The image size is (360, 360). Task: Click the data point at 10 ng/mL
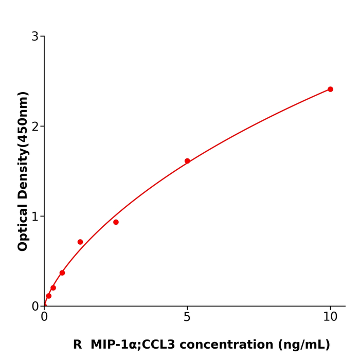click(x=330, y=89)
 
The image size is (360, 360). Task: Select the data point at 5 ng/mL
click(x=187, y=161)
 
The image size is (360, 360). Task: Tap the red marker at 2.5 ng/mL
click(x=116, y=222)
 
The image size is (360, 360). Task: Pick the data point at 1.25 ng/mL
click(x=80, y=242)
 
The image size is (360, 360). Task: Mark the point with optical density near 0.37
click(x=62, y=273)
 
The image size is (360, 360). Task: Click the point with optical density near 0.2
click(x=53, y=287)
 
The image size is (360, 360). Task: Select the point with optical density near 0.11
click(x=49, y=296)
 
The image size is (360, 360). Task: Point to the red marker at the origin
click(x=44, y=305)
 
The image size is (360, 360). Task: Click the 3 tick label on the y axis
click(x=35, y=37)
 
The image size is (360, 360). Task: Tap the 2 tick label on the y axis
click(x=35, y=127)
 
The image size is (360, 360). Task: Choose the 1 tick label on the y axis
click(x=35, y=217)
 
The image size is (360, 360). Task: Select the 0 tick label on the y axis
click(x=35, y=307)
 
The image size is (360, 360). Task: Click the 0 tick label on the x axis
click(x=44, y=317)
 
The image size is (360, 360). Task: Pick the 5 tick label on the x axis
click(x=187, y=317)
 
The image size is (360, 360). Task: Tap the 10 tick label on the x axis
click(x=330, y=317)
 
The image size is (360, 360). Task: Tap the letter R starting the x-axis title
click(x=77, y=345)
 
